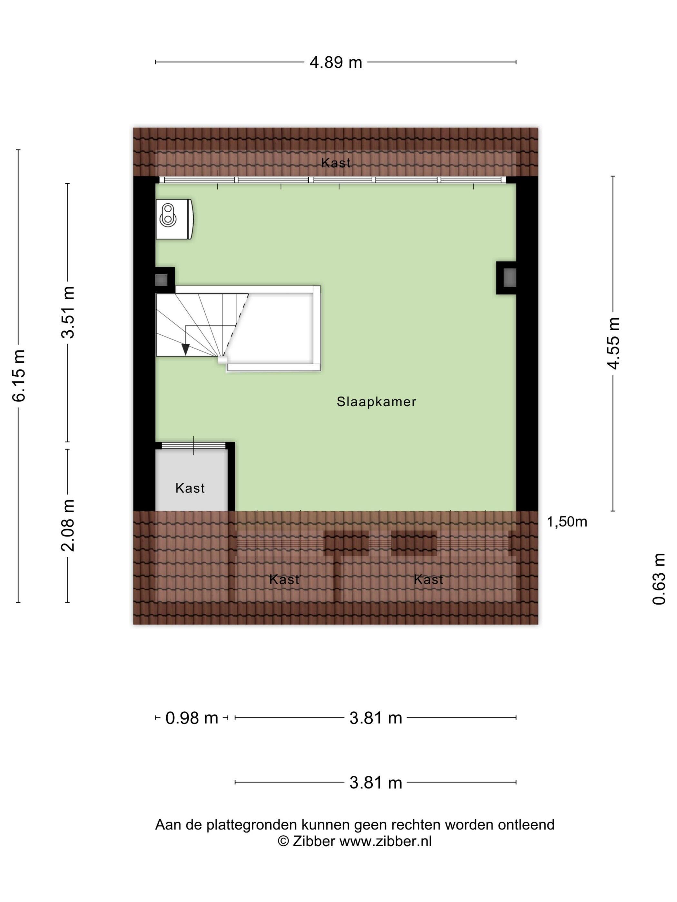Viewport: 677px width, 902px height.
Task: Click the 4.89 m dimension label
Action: click(x=336, y=62)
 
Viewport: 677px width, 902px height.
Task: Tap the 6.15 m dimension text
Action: click(x=19, y=376)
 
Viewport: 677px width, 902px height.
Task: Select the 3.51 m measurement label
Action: click(x=68, y=312)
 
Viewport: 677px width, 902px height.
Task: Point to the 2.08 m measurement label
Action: click(x=68, y=525)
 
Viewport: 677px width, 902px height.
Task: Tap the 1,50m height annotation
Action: click(x=567, y=522)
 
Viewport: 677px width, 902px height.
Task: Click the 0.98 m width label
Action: click(x=192, y=718)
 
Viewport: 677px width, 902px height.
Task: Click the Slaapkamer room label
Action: click(x=376, y=402)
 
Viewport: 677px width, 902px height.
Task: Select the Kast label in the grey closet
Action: click(x=190, y=488)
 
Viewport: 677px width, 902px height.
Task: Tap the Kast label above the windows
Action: click(x=336, y=163)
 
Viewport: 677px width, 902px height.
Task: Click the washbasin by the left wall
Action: click(x=175, y=219)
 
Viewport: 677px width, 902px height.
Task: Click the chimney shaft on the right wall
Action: click(x=506, y=278)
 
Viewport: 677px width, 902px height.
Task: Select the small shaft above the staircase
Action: click(x=165, y=280)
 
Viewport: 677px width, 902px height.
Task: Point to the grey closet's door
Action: click(x=193, y=445)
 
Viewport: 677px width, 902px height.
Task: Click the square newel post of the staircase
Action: click(x=222, y=360)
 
